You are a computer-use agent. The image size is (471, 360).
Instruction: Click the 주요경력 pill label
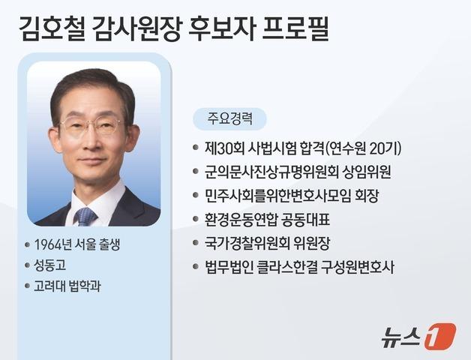pyautogui.click(x=229, y=118)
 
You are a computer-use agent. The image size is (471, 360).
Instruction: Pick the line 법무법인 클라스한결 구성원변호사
pyautogui.click(x=298, y=266)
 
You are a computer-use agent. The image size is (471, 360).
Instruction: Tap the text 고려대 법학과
pyautogui.click(x=75, y=286)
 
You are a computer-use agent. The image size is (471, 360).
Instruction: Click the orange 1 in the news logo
pyautogui.click(x=440, y=335)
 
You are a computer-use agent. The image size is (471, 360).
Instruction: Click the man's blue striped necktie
pyautogui.click(x=85, y=215)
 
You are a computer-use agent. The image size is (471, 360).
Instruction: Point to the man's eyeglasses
pyautogui.click(x=90, y=126)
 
